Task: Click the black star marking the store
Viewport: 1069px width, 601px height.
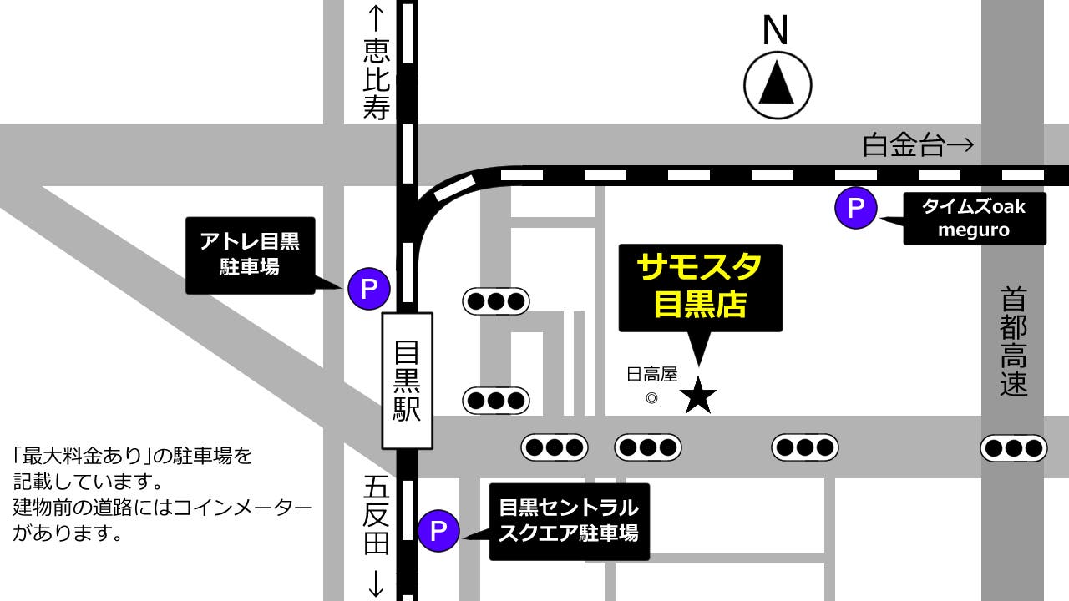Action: click(x=698, y=395)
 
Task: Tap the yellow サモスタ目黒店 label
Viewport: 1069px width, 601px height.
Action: click(x=700, y=286)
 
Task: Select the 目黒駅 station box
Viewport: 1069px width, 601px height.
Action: click(x=408, y=380)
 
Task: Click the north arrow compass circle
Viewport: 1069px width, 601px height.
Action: click(x=778, y=85)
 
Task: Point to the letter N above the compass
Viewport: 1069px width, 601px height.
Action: click(x=776, y=32)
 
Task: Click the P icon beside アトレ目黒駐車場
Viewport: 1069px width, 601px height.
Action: click(x=369, y=289)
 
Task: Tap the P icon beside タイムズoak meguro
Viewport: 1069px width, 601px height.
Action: click(x=856, y=207)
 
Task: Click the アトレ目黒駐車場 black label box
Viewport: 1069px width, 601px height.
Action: click(x=250, y=255)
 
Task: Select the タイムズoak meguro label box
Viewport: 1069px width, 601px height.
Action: click(x=974, y=218)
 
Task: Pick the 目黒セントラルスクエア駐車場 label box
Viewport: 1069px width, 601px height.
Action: click(x=569, y=520)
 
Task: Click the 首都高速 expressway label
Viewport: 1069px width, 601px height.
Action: click(x=1013, y=341)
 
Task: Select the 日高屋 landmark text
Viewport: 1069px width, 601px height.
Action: click(x=652, y=374)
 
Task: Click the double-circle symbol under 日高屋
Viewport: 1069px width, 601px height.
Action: click(x=652, y=398)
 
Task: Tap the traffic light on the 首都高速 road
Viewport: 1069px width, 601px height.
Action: click(x=1013, y=448)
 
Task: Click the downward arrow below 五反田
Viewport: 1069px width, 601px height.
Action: click(x=377, y=582)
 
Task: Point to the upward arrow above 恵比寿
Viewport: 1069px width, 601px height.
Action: click(x=377, y=18)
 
